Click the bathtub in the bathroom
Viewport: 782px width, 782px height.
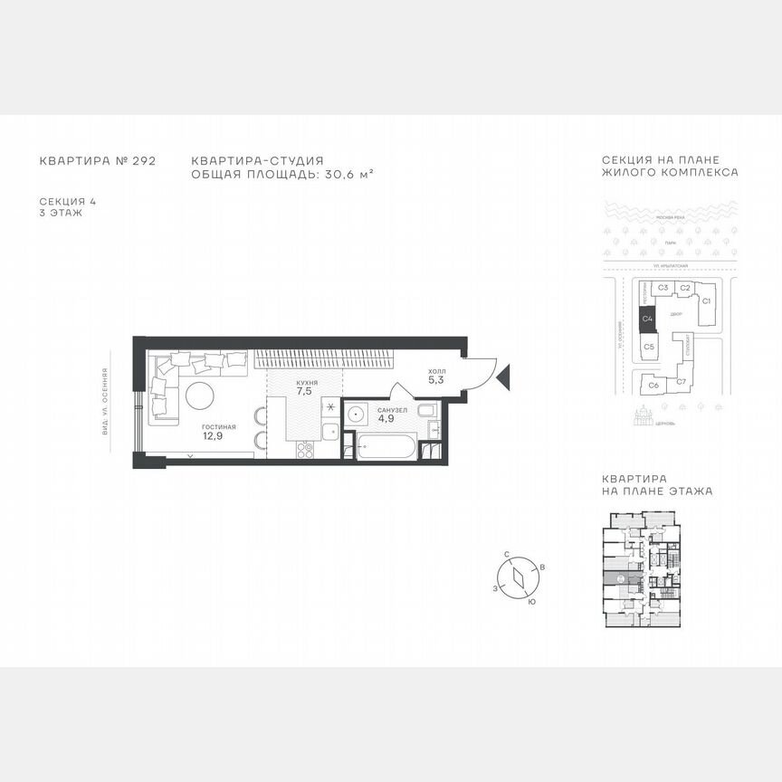coord(386,447)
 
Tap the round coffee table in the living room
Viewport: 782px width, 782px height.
coord(200,396)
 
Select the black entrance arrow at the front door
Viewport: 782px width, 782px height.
coord(504,372)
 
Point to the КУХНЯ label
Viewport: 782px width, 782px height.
coord(306,384)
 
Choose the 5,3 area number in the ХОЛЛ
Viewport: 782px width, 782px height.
coord(435,380)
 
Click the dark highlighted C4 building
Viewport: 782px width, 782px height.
coord(647,319)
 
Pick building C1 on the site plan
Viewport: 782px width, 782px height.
coord(707,300)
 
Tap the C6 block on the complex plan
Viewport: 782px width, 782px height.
coord(653,385)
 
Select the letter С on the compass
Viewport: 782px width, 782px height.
coord(509,552)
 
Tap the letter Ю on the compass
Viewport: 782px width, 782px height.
coord(531,601)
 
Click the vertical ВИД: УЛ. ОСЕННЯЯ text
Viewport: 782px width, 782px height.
coord(105,401)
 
